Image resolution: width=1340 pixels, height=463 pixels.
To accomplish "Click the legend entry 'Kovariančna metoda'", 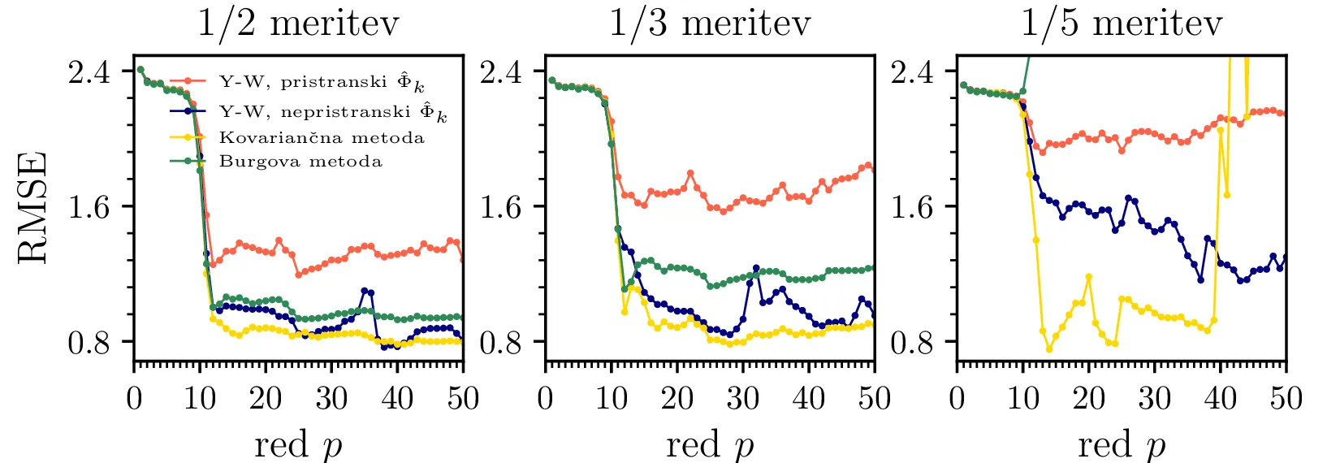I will point(322,137).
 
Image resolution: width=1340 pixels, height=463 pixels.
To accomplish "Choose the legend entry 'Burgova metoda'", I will point(300,161).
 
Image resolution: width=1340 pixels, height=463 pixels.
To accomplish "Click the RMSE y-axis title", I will point(32,207).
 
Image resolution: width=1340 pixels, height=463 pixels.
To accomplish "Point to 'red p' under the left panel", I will point(298,445).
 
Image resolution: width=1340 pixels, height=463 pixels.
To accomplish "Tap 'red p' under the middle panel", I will point(710,445).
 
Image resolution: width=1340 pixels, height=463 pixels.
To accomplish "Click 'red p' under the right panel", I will point(1122,445).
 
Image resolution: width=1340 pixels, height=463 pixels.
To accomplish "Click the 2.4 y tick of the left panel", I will point(89,71).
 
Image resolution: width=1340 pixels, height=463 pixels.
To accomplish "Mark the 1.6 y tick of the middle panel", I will point(501,207).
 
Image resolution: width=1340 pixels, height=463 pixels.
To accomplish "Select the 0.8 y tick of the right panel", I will point(913,342).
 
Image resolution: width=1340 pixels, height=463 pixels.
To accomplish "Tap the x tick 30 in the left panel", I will point(331,399).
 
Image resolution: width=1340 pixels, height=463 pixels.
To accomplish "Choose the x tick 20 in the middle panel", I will point(677,399).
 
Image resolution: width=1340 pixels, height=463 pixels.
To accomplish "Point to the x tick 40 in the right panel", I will point(1220,399).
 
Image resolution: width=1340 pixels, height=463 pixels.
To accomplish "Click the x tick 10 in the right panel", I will point(1023,399).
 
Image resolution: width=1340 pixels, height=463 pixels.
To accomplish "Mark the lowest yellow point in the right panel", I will point(1049,349).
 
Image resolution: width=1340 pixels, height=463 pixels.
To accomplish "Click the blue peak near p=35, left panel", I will point(365,290).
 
